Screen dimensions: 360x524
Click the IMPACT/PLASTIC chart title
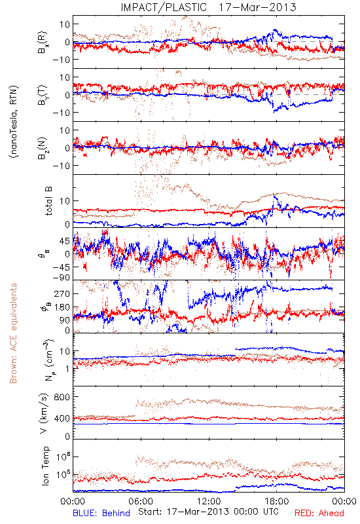[164, 7]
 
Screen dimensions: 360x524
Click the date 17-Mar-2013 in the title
[257, 7]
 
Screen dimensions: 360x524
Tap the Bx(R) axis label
[43, 43]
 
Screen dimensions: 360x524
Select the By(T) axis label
[43, 95]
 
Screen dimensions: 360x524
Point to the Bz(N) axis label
[43, 148]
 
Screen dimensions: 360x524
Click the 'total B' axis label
[48, 201]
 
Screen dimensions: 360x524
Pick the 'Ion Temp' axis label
[45, 466]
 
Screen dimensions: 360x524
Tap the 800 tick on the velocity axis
[62, 397]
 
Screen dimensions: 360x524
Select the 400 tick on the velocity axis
[62, 419]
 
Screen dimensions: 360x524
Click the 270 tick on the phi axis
[62, 293]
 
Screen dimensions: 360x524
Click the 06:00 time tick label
[141, 501]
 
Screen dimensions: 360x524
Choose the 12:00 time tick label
[209, 501]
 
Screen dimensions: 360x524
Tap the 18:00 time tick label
[277, 501]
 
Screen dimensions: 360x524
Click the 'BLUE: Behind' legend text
[101, 514]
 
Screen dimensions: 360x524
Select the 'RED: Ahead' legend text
[319, 514]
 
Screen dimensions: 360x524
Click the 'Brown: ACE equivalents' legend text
[13, 333]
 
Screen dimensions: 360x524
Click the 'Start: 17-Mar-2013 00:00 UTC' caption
[208, 512]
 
